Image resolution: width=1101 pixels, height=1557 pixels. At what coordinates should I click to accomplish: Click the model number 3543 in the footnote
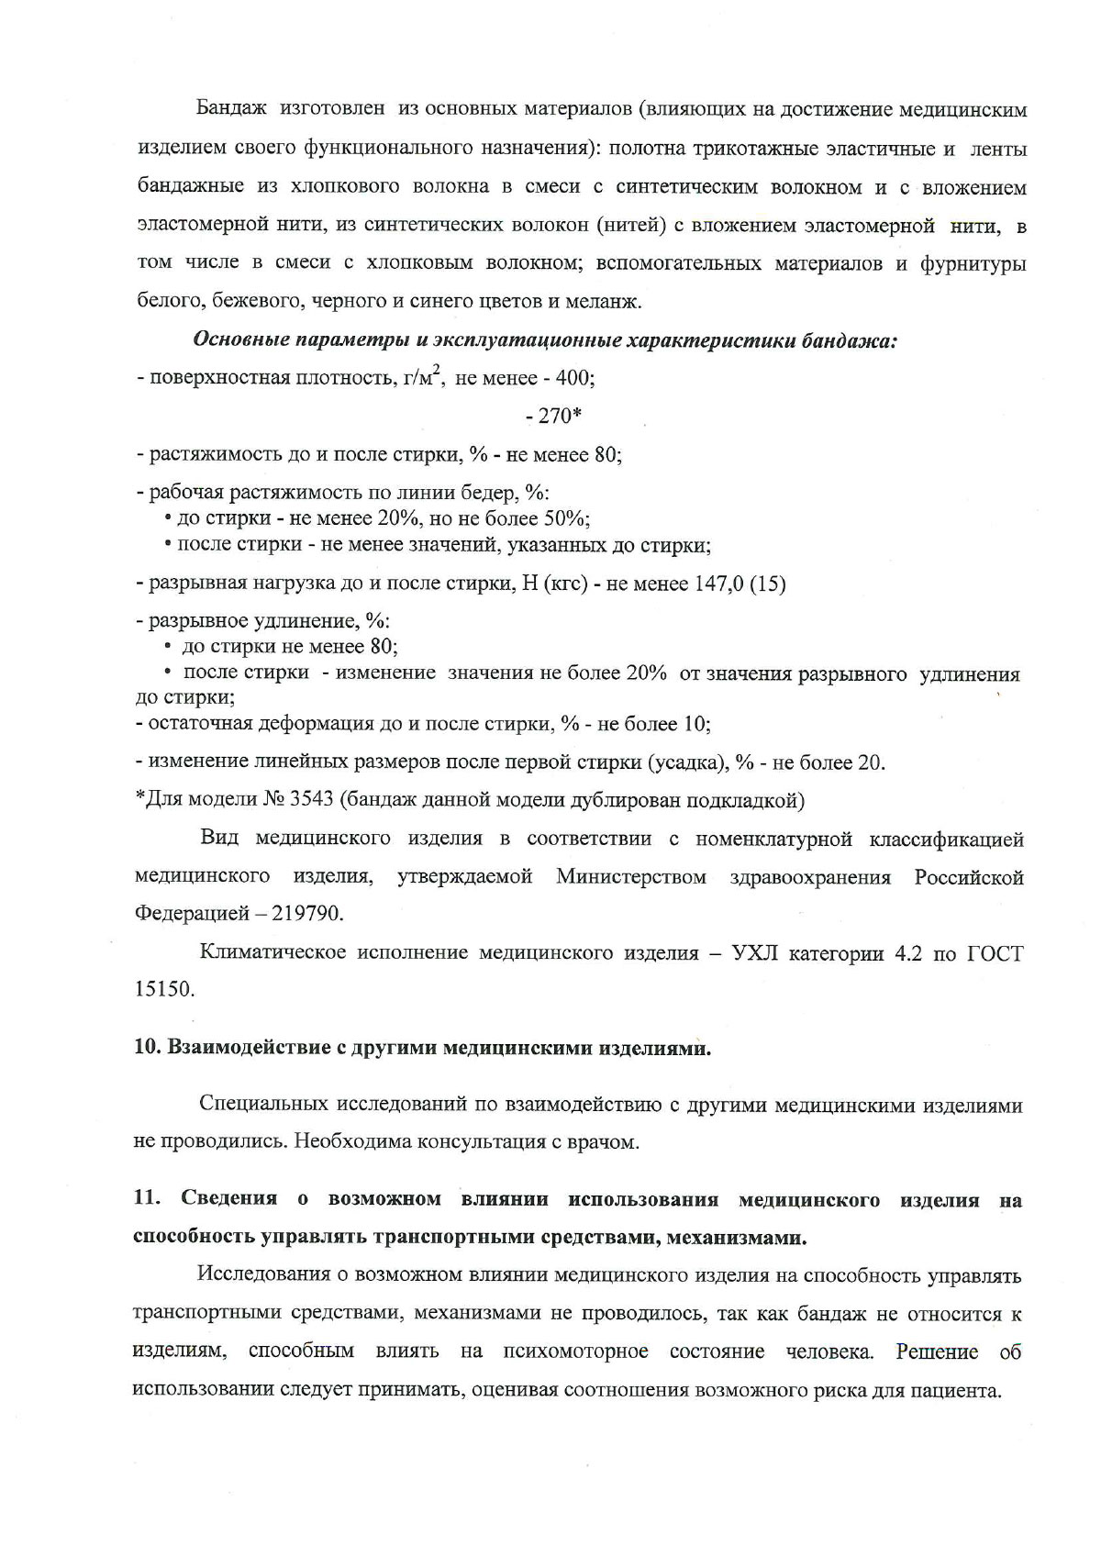pyautogui.click(x=311, y=800)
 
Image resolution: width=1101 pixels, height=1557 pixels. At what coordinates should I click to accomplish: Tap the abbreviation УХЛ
pyautogui.click(x=756, y=952)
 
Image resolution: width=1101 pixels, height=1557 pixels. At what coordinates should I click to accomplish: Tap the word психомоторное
pyautogui.click(x=575, y=1351)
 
